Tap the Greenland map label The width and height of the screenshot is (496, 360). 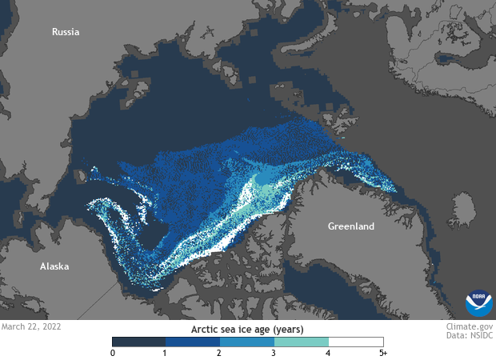coord(350,226)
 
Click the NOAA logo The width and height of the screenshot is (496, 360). coord(478,304)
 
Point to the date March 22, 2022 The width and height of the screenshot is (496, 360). coord(30,326)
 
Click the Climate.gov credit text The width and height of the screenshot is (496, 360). coord(468,326)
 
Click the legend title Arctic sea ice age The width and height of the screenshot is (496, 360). coord(247,328)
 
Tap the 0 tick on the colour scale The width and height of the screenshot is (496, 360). coord(113,353)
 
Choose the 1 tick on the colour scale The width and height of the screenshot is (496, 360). coord(166,353)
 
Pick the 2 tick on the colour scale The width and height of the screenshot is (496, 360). coord(220,353)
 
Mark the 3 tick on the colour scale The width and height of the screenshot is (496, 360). coord(274,353)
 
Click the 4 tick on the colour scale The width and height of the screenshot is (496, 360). coord(329,353)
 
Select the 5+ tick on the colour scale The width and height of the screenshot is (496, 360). coord(382,353)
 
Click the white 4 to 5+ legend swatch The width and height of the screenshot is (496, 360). coord(356,342)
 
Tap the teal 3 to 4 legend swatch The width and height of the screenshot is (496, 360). coord(302,342)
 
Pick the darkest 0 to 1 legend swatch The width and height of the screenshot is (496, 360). coord(139,342)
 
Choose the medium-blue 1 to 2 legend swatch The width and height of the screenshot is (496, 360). coord(193,342)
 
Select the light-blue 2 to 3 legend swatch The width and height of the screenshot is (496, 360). coord(247,342)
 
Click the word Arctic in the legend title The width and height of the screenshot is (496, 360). coord(206,328)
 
